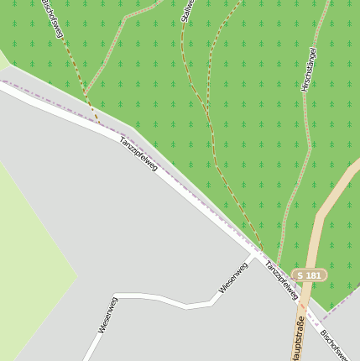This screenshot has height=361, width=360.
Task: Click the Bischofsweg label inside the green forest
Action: click(x=52, y=18)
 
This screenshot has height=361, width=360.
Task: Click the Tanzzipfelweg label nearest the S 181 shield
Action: click(x=281, y=280)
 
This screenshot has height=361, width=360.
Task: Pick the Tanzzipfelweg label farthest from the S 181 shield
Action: click(x=138, y=154)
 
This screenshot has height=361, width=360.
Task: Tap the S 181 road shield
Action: click(x=310, y=275)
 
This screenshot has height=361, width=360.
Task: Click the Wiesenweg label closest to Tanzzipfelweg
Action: click(x=233, y=277)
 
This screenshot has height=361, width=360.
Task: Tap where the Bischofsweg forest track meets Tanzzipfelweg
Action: click(x=101, y=125)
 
